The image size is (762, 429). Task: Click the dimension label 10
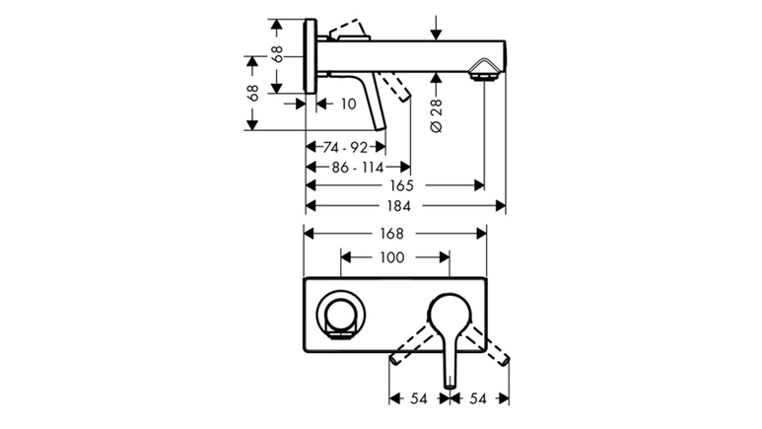(x=348, y=104)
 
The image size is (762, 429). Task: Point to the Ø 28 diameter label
(x=437, y=115)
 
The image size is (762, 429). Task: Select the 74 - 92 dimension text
(x=345, y=147)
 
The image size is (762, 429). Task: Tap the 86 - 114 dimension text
(x=358, y=168)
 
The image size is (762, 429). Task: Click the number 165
(x=401, y=185)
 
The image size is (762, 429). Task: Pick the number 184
(x=398, y=206)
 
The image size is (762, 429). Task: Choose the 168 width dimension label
(x=391, y=234)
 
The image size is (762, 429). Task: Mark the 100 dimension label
(x=391, y=256)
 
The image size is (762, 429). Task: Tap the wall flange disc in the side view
(x=311, y=55)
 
